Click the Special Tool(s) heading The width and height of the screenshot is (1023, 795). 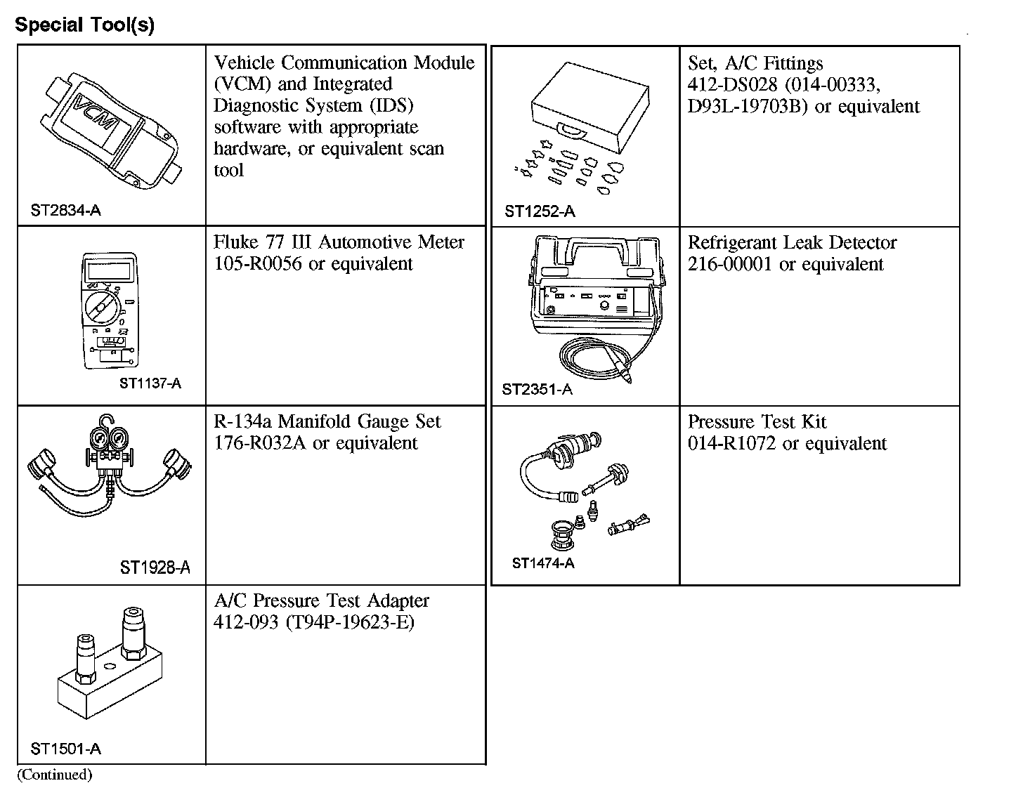coord(84,26)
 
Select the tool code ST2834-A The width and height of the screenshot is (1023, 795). coord(66,210)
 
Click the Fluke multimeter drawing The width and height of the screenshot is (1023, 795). coord(108,309)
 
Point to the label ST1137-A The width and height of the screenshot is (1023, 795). coord(150,383)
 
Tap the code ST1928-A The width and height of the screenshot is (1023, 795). coord(155,567)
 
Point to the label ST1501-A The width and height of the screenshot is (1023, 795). coord(66,749)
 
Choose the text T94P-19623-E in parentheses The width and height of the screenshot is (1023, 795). coord(351,623)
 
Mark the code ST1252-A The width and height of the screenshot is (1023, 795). coord(540,211)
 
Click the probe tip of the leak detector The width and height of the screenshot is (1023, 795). coord(627,378)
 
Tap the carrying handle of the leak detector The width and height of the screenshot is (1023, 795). coord(599,248)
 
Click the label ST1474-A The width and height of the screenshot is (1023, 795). coord(543,563)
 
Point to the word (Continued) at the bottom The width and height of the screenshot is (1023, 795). coord(55,775)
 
